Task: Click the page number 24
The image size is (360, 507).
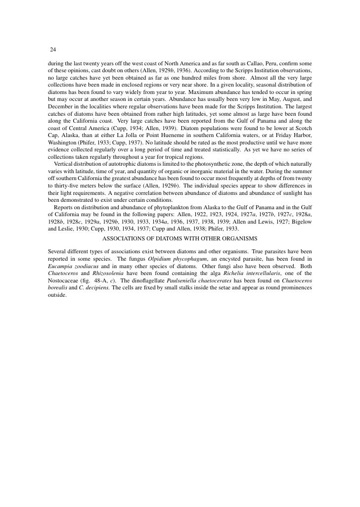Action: click(53, 49)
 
